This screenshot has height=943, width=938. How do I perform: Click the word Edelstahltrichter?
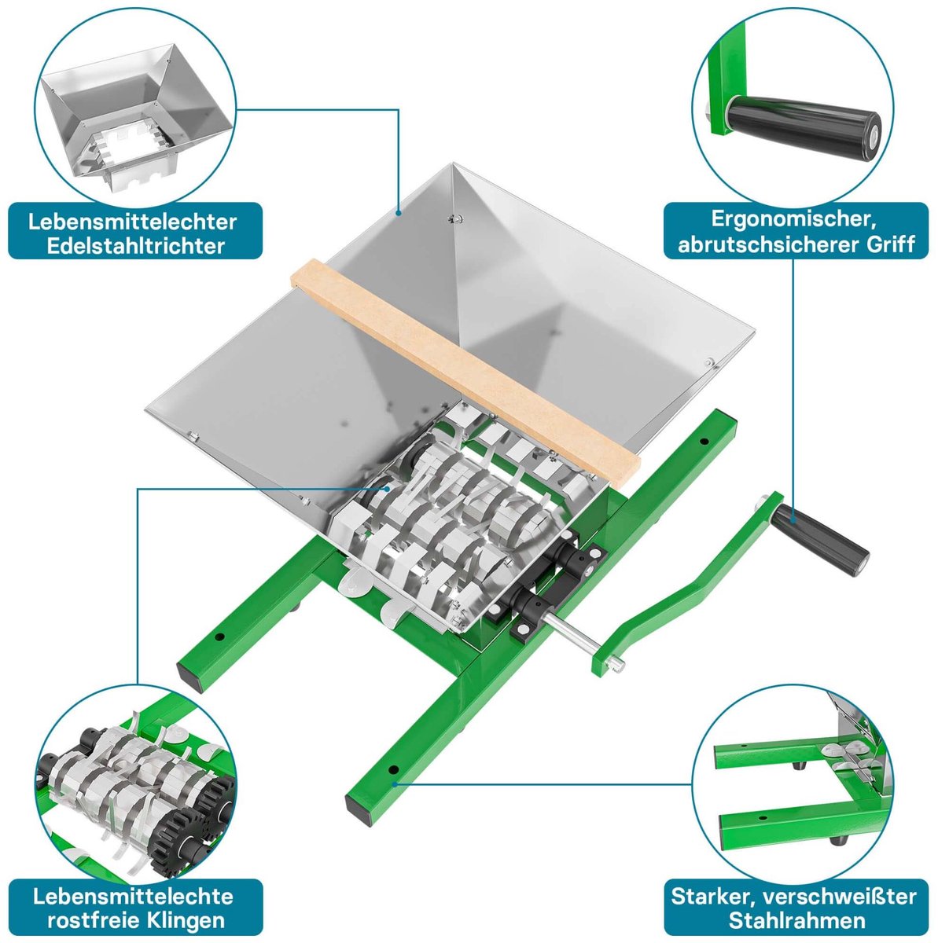135,246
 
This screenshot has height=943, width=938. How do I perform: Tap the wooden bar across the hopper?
465,375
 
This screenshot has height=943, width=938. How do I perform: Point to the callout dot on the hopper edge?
399,213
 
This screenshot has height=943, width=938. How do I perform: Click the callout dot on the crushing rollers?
388,488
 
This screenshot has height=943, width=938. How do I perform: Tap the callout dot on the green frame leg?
395,784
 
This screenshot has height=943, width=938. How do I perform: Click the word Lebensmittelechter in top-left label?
132,222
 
